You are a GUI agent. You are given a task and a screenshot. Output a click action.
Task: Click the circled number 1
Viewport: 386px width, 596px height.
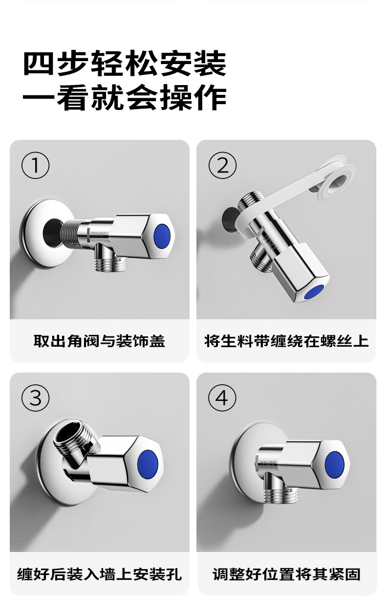35,165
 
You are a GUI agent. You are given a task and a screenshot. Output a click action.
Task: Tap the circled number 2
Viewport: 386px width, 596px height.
222,165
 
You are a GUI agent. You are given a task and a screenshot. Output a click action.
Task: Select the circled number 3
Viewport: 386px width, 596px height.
35,398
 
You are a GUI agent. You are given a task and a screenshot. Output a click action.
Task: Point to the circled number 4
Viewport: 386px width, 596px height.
222,398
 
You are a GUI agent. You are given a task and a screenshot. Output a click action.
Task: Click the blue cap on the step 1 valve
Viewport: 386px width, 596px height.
162,236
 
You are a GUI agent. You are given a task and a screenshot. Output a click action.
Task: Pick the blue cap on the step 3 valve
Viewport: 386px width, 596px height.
148,464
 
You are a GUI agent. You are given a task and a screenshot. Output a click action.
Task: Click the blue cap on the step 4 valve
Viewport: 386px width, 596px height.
334,465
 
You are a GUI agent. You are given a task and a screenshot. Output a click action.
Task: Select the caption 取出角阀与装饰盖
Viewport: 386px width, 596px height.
99,341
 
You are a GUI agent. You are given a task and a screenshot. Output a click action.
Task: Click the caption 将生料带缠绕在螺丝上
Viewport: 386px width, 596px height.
286,341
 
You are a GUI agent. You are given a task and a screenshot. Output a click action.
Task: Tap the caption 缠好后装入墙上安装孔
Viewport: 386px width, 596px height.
99,574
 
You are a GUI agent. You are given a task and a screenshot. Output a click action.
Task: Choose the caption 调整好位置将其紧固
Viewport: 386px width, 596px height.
286,574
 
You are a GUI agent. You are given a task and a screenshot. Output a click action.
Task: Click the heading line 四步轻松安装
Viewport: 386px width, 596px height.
125,64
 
